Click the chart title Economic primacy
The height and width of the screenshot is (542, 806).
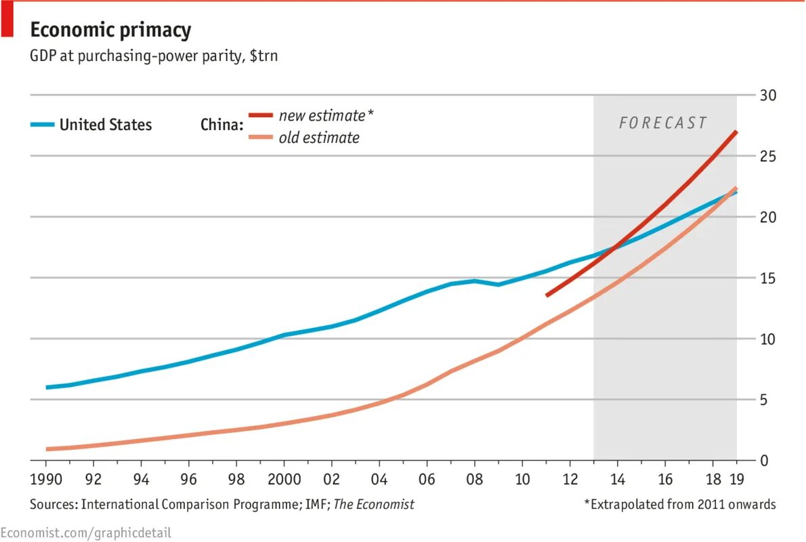(110, 30)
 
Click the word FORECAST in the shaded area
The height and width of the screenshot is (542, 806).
(663, 123)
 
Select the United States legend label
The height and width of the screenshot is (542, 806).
(106, 125)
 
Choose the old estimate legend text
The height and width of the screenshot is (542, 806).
(318, 138)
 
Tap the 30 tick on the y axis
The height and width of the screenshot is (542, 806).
(767, 95)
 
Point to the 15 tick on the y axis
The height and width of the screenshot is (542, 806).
(767, 278)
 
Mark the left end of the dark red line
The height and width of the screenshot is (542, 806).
(547, 295)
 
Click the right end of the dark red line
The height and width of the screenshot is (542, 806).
(736, 132)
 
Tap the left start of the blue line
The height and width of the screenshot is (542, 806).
(47, 388)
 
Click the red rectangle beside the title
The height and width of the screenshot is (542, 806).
(7, 18)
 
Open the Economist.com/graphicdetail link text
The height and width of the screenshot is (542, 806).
(86, 533)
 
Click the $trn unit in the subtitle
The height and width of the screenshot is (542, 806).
(263, 56)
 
